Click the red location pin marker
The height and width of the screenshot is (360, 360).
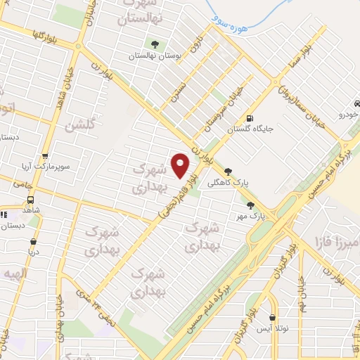(181, 165)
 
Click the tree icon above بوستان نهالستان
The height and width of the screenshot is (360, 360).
(155, 44)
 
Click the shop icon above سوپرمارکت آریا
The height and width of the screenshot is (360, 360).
(46, 156)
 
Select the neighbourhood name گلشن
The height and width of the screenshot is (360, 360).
(79, 127)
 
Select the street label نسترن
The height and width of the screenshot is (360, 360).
(181, 94)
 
